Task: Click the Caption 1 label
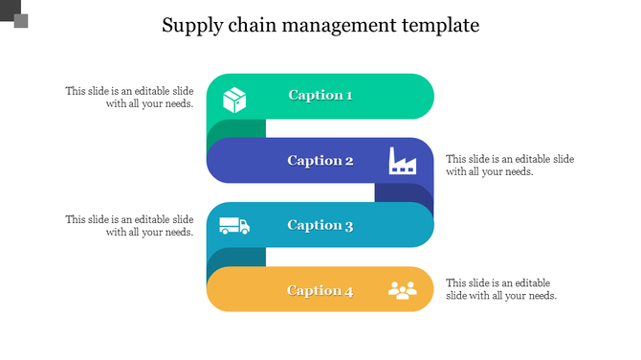[320, 95]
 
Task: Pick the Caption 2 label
[320, 160]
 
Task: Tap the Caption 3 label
[320, 225]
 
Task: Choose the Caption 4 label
[320, 290]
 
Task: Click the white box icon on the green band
[234, 99]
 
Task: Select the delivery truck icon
[234, 226]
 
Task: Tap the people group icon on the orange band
[403, 290]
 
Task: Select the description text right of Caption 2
[510, 165]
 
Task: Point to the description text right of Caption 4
[501, 289]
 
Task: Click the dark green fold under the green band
[235, 129]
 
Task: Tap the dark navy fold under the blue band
[402, 193]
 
